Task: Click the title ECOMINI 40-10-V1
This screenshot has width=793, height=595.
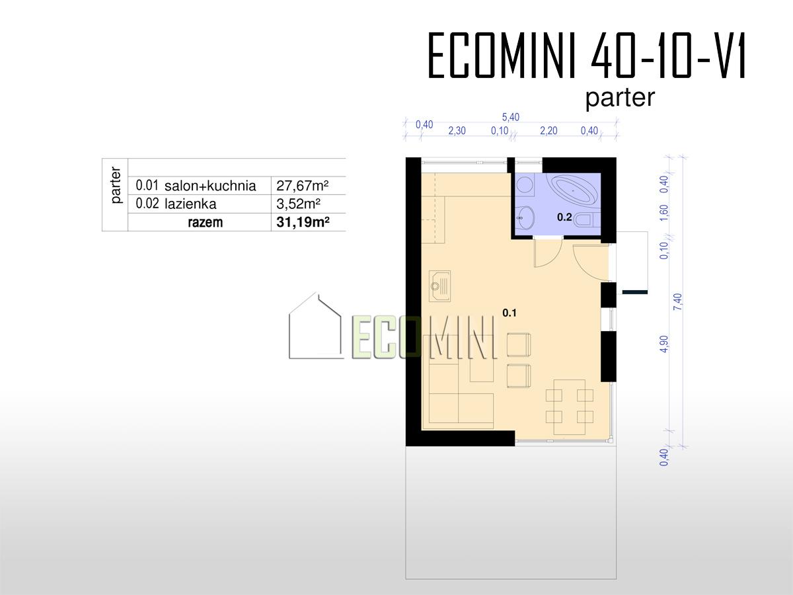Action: (587, 56)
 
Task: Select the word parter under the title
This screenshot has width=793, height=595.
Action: (620, 98)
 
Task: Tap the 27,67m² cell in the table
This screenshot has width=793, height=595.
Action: (303, 186)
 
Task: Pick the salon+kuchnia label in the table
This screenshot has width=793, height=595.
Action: (210, 186)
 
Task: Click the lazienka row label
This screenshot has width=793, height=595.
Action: (190, 204)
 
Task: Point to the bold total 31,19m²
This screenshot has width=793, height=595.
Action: (303, 222)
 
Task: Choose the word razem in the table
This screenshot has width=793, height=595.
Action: (206, 223)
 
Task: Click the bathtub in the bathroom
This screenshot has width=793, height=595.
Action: (573, 189)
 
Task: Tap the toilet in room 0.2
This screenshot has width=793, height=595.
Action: (587, 219)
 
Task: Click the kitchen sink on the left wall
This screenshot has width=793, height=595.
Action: (439, 286)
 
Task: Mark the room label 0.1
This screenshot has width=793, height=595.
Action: (510, 313)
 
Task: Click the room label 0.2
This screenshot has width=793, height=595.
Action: (564, 217)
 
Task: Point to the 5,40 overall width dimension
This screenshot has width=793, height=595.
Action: (510, 117)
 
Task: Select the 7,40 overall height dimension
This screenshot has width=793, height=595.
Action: (678, 301)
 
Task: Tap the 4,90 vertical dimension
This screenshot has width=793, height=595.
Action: (664, 344)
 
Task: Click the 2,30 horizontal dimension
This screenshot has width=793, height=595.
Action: (457, 131)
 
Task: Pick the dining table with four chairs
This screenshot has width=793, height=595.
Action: (570, 407)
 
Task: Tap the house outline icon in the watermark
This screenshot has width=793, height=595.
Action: (315, 325)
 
